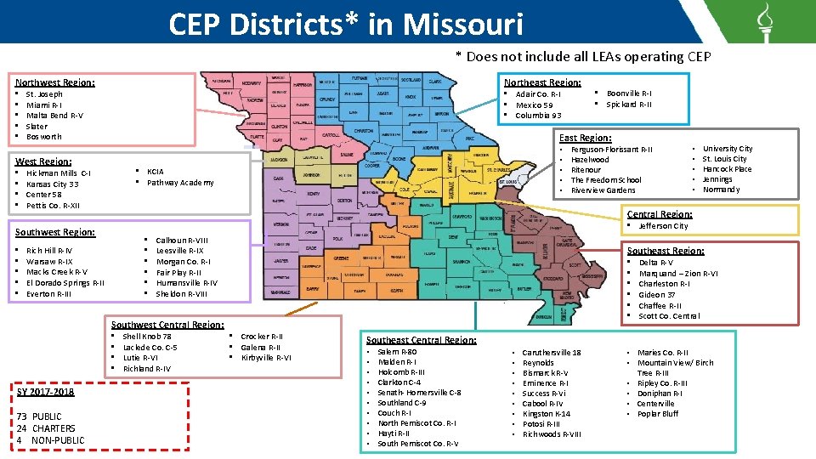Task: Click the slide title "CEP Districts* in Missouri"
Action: (345, 23)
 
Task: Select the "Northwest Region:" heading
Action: (55, 82)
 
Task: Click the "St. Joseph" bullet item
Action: (44, 94)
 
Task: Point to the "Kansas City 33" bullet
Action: (52, 184)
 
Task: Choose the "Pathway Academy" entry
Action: (180, 183)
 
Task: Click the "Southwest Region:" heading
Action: (55, 231)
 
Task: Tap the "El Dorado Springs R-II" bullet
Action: (65, 283)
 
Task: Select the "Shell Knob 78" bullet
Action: (147, 337)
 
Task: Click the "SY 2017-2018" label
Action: (45, 392)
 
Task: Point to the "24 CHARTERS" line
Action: (45, 428)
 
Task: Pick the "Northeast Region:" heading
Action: (541, 82)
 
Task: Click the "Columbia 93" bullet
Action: (538, 116)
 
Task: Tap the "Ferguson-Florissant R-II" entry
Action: (611, 150)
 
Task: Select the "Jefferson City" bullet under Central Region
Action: (663, 226)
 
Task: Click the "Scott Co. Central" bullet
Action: (669, 316)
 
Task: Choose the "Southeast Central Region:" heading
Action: (421, 340)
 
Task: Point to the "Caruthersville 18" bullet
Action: (552, 353)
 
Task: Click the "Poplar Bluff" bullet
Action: (658, 414)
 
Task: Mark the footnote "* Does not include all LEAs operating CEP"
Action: (582, 57)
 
